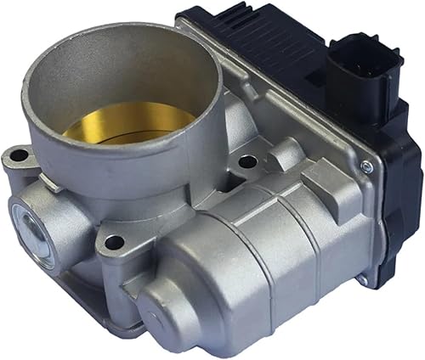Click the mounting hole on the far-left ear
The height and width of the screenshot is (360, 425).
point(17,155)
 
